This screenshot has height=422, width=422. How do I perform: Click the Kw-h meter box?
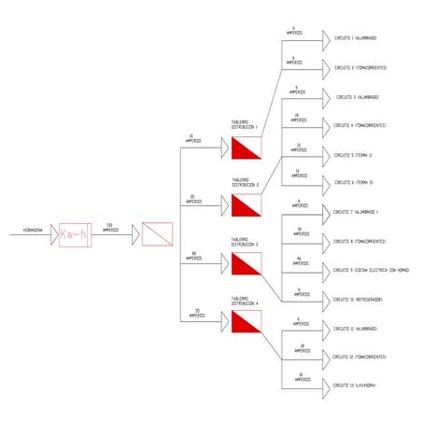(x=74, y=233)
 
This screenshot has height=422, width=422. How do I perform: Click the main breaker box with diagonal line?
(x=157, y=233)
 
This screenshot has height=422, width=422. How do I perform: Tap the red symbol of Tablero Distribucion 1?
(x=246, y=148)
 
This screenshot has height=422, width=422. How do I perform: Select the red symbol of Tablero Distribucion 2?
(x=246, y=205)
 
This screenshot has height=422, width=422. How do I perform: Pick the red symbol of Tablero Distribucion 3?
(x=246, y=263)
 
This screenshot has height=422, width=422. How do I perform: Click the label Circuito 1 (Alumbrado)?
(x=356, y=38)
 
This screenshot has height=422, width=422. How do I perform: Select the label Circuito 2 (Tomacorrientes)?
(x=360, y=67)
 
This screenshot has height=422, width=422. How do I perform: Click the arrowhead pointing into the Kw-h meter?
(x=54, y=233)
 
